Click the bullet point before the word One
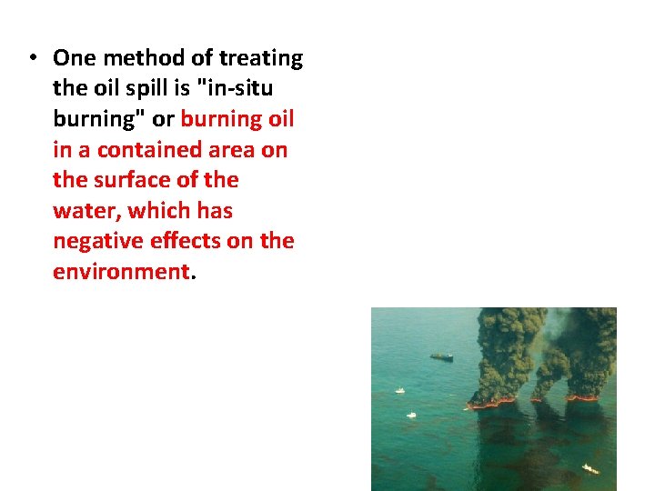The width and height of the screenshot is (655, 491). pyautogui.click(x=31, y=57)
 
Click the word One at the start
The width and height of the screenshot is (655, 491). pyautogui.click(x=74, y=58)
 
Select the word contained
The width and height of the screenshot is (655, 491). pyautogui.click(x=154, y=149)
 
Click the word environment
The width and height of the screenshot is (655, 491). pyautogui.click(x=119, y=271)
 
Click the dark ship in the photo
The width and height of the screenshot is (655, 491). pyautogui.click(x=441, y=356)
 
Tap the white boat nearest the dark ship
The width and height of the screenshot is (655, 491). pyautogui.click(x=399, y=390)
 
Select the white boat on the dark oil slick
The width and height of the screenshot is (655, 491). pyautogui.click(x=590, y=469)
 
